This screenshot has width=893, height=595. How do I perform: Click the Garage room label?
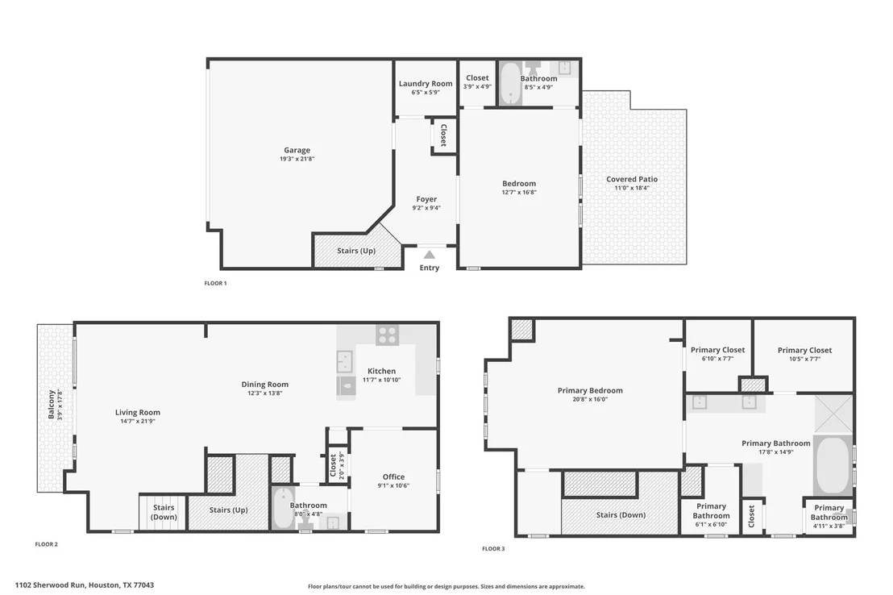pyautogui.click(x=297, y=151)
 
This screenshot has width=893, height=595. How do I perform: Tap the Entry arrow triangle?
pyautogui.click(x=430, y=255)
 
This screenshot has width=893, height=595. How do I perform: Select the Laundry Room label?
pyautogui.click(x=426, y=83)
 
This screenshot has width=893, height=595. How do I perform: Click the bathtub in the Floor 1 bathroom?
pyautogui.click(x=510, y=83)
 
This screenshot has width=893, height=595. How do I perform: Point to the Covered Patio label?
pyautogui.click(x=632, y=179)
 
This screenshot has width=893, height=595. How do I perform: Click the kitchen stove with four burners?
pyautogui.click(x=388, y=335)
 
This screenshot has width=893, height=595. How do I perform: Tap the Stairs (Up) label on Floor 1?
pyautogui.click(x=356, y=250)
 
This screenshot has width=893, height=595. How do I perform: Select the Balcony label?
pyautogui.click(x=52, y=405)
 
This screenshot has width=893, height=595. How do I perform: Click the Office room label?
pyautogui.click(x=393, y=477)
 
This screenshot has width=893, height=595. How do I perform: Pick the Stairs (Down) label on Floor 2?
pyautogui.click(x=164, y=512)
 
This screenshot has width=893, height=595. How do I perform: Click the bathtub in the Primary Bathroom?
pyautogui.click(x=832, y=465)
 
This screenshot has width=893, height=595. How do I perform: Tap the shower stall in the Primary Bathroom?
pyautogui.click(x=833, y=414)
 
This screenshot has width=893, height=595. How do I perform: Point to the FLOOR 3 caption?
pyautogui.click(x=493, y=549)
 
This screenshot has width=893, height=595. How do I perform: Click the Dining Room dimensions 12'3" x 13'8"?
pyautogui.click(x=265, y=393)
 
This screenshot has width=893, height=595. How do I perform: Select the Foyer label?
pyautogui.click(x=426, y=199)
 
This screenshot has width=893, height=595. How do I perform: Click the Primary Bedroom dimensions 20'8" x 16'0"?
pyautogui.click(x=590, y=400)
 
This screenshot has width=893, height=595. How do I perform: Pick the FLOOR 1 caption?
pyautogui.click(x=215, y=283)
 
